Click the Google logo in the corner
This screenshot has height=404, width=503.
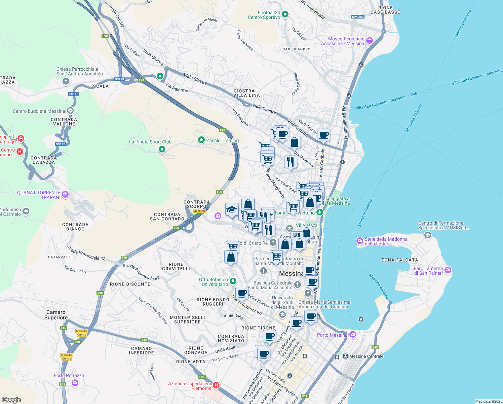11,400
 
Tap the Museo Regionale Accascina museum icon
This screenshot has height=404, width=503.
370,41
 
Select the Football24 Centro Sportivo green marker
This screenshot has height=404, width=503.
285,14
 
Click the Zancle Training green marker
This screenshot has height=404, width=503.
201,140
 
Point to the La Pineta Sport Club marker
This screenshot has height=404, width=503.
162,149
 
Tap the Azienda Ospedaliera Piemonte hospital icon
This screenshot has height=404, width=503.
216,385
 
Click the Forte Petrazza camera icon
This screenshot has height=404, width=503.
75,383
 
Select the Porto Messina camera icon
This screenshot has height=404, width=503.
352,334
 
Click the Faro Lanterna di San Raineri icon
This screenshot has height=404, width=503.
448,270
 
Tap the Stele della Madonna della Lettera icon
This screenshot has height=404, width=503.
359,241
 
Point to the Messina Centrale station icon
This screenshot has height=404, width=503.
345,356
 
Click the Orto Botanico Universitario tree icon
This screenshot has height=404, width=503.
233,281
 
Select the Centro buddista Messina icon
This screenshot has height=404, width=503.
70,110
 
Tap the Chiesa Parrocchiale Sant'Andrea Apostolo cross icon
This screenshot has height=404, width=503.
66,81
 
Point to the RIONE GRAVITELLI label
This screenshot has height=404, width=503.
176,266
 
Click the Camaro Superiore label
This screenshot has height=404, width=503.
56,315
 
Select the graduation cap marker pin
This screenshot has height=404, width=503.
232,210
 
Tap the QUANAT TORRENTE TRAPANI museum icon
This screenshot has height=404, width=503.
65,194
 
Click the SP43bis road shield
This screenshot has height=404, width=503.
357,17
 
